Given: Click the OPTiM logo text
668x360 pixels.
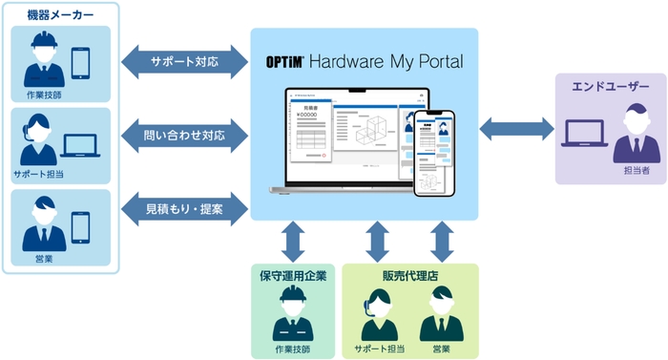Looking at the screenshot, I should (x=285, y=62).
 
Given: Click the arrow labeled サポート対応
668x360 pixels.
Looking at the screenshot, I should (x=184, y=62).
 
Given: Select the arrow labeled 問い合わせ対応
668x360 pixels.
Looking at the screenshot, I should (x=184, y=136).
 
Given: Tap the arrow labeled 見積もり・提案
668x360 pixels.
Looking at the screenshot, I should (x=184, y=208).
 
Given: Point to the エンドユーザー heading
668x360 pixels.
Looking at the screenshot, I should (x=610, y=87).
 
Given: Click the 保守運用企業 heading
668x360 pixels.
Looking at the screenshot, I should (x=293, y=277).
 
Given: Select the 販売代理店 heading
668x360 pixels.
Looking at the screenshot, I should (x=409, y=277).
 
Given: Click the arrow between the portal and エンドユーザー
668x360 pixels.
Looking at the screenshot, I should (x=516, y=127).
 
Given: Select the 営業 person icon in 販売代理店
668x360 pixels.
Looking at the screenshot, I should (x=440, y=312).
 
